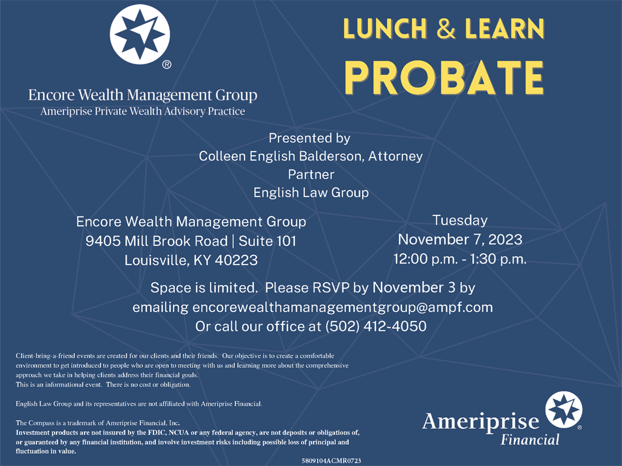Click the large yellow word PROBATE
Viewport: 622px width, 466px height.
(444, 78)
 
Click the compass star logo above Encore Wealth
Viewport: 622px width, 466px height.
(140, 34)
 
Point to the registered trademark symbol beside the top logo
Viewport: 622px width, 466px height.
(166, 65)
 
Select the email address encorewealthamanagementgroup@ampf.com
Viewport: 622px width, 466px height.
(343, 307)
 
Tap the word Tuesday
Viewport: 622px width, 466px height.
(460, 221)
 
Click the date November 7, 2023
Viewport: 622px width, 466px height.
(460, 240)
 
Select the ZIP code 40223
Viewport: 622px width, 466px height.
(236, 260)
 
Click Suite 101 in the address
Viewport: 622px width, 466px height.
(267, 241)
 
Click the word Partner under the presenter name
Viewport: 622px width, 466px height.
(311, 174)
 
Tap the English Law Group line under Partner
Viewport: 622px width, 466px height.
(311, 193)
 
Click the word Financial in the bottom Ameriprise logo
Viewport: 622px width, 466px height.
(530, 440)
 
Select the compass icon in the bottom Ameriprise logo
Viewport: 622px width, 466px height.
(563, 410)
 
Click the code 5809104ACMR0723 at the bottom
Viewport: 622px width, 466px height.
(331, 461)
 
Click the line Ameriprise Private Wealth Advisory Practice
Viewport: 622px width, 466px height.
(143, 111)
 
